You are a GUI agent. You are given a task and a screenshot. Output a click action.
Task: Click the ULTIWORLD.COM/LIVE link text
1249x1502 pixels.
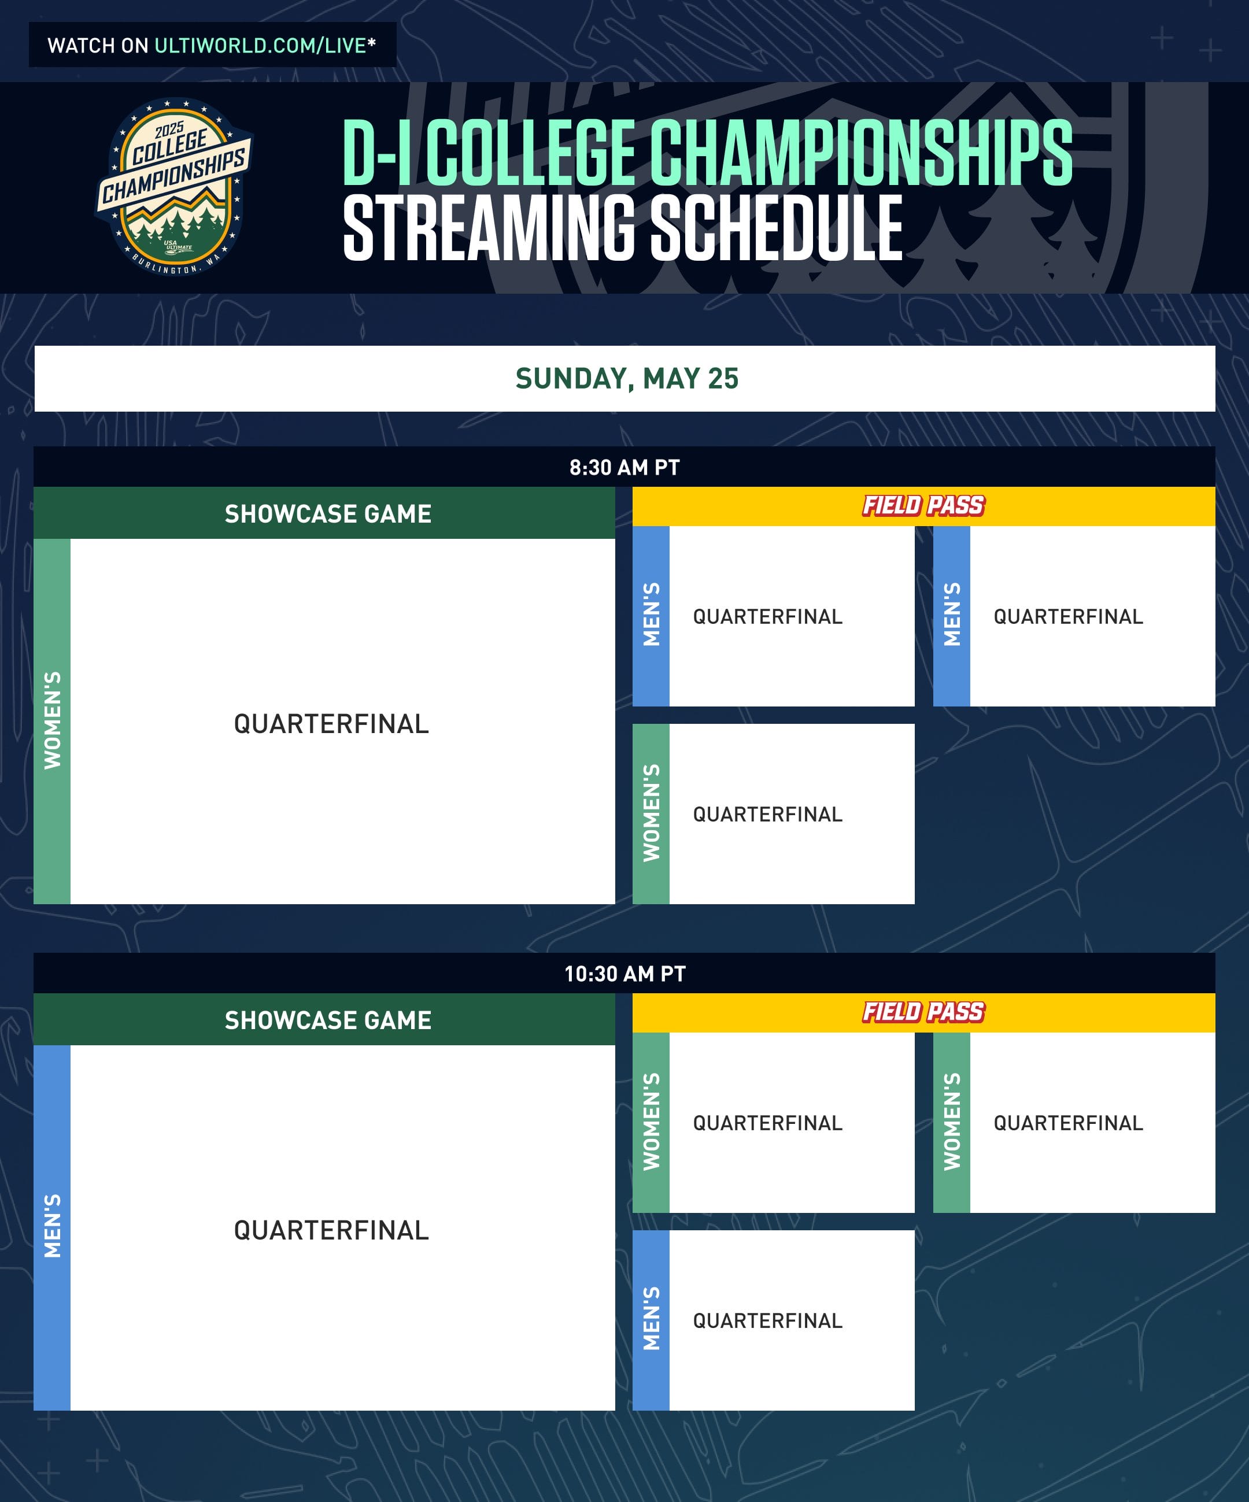[260, 46]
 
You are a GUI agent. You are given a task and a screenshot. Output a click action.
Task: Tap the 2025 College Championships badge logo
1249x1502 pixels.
[174, 187]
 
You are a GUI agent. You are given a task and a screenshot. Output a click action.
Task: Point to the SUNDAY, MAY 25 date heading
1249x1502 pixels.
[627, 378]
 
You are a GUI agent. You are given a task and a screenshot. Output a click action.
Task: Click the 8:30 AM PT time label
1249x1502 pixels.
[624, 468]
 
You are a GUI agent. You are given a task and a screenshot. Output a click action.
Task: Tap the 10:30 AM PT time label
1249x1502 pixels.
[624, 974]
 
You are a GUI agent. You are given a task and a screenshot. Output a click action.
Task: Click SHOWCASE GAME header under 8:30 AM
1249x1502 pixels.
[328, 513]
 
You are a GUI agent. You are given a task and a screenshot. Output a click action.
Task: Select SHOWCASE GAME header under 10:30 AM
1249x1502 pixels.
[328, 1020]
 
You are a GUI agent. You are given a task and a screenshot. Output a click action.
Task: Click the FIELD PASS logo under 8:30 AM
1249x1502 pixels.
[923, 506]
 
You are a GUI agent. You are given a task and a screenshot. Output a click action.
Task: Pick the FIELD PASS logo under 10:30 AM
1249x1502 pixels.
[923, 1012]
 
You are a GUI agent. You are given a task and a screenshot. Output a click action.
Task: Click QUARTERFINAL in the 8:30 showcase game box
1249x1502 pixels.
[331, 724]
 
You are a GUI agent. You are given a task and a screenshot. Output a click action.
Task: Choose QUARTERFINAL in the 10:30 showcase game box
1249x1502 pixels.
[331, 1230]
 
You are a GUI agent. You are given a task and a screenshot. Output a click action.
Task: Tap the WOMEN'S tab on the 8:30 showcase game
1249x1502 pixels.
[52, 720]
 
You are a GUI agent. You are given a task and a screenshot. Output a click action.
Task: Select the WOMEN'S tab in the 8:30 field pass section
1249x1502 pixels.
[651, 813]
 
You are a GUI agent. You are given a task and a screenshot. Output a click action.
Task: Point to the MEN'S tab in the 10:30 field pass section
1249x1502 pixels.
[651, 1320]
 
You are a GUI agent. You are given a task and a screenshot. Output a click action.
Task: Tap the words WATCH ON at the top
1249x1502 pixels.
[98, 46]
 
